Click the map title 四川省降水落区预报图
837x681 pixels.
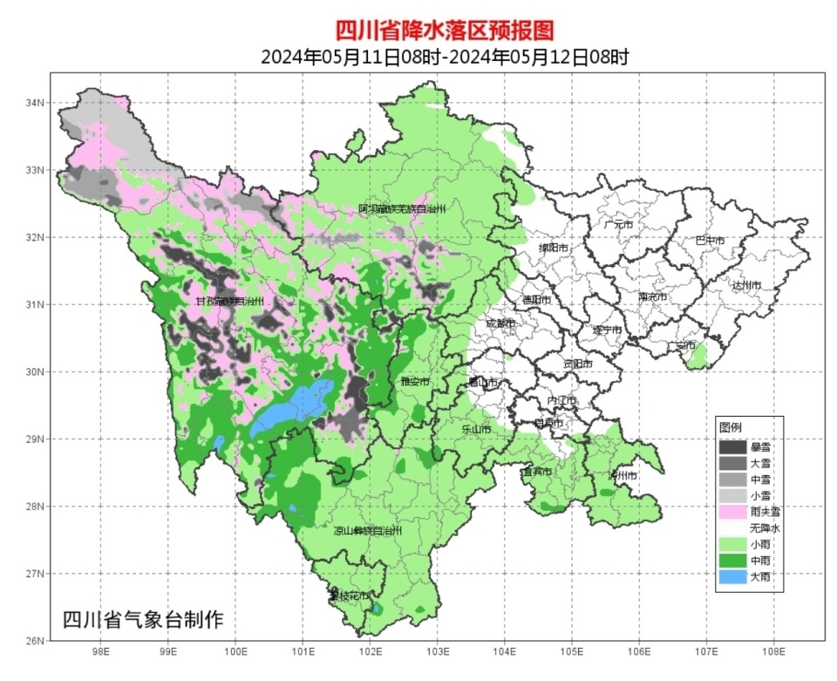[445, 30]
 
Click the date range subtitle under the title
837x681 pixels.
[445, 58]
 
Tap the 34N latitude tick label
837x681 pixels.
[34, 103]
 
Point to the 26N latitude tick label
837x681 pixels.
[34, 641]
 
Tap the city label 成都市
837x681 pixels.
[500, 323]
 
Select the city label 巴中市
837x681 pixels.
[709, 241]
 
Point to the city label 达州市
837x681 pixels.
[746, 285]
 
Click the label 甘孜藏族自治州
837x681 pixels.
[229, 302]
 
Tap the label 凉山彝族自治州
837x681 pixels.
[369, 530]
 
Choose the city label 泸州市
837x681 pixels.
[623, 476]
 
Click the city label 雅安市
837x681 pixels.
[415, 382]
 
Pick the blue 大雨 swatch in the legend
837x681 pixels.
[732, 576]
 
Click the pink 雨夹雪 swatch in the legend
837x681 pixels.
[732, 512]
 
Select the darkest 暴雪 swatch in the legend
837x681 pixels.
[732, 446]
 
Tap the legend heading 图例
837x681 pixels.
[730, 428]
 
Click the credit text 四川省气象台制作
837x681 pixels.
[143, 620]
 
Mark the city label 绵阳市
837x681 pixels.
[555, 248]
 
